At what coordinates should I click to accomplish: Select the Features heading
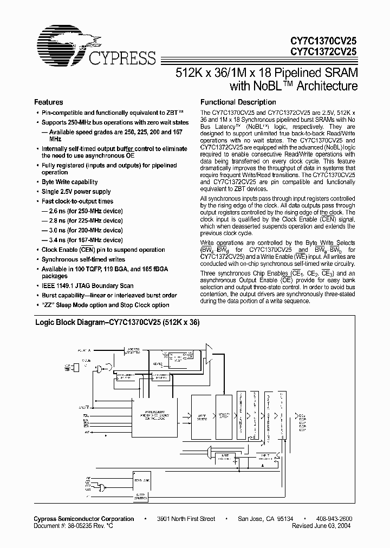tap(49, 102)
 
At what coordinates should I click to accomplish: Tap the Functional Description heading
tap(238, 102)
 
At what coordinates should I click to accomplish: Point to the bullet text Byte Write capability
tap(69, 182)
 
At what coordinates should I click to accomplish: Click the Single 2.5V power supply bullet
tap(76, 192)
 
